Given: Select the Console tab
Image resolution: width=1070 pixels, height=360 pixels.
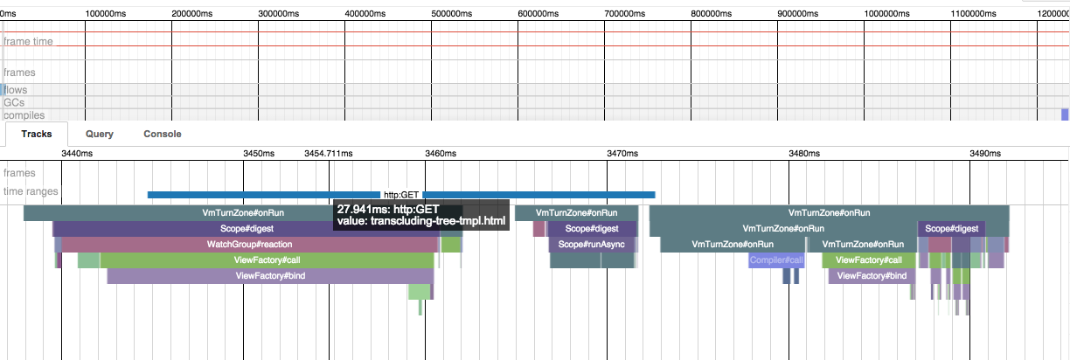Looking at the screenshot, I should [x=162, y=134].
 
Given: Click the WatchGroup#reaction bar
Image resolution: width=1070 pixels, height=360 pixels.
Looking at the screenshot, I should [x=249, y=244].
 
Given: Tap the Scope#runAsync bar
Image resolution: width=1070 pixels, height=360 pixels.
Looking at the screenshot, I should [x=591, y=244].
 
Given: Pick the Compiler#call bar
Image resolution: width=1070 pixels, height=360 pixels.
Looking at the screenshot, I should [x=776, y=260].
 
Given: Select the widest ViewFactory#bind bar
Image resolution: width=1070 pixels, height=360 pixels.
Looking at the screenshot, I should [x=270, y=275].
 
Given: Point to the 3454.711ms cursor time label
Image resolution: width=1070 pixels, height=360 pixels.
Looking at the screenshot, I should [x=328, y=153].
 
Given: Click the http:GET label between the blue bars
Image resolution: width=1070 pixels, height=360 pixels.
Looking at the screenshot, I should [x=402, y=195].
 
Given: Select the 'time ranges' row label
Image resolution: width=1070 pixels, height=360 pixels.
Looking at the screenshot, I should [x=30, y=191].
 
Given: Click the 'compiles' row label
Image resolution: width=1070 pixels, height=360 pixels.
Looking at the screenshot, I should [x=24, y=115].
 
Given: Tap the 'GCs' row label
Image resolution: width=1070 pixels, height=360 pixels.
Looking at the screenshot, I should [x=15, y=102].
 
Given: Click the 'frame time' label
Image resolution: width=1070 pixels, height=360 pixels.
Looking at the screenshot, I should [x=29, y=41].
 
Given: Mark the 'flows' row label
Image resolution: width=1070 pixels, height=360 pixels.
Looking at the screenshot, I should [x=17, y=89].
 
